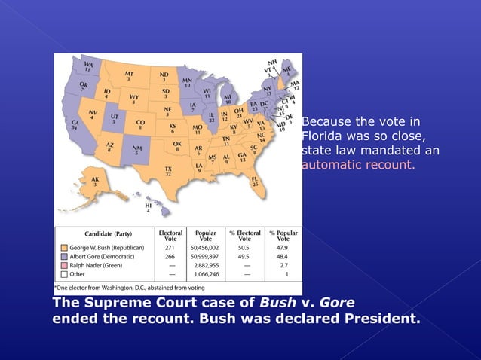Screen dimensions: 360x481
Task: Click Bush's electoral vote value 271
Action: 170,246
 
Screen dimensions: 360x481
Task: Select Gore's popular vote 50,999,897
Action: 204,256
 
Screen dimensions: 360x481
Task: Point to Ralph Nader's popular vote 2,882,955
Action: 206,266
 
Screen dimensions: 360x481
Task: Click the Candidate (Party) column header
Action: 105,234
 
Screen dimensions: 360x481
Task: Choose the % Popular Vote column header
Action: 283,236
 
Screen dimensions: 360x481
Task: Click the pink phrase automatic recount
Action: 358,164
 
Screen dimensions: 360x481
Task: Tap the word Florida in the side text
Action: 323,136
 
